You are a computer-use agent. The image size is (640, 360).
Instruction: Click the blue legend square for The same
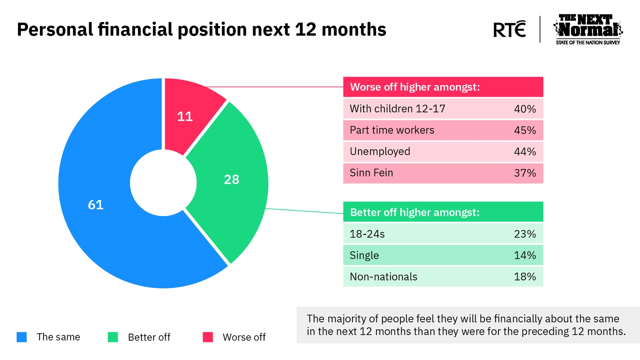pos(22,337)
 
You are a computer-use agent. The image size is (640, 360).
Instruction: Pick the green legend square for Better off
pos(113,337)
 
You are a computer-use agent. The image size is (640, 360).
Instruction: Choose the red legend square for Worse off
pos(208,337)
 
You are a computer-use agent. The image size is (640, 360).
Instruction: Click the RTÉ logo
pos(510,29)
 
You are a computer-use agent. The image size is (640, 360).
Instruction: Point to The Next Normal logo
pos(588,30)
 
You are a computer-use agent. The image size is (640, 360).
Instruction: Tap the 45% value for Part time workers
pos(525,130)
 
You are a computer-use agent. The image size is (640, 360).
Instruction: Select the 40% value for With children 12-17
pos(525,109)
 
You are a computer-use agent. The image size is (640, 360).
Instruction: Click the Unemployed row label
pos(380,152)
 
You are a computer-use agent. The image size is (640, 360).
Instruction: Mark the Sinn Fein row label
pos(371,173)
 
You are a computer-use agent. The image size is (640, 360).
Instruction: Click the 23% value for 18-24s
pos(525,234)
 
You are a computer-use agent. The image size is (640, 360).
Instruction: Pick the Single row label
pos(364,256)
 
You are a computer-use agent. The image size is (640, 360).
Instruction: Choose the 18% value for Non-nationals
pos(525,276)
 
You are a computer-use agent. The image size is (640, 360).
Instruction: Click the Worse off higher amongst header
pos(415,87)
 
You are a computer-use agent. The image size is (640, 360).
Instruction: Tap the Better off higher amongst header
pos(415,212)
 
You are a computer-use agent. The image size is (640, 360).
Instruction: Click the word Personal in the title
pos(55,29)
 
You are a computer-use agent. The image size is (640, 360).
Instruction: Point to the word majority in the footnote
pos(352,319)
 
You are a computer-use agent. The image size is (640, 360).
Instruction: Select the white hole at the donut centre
pos(163,183)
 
